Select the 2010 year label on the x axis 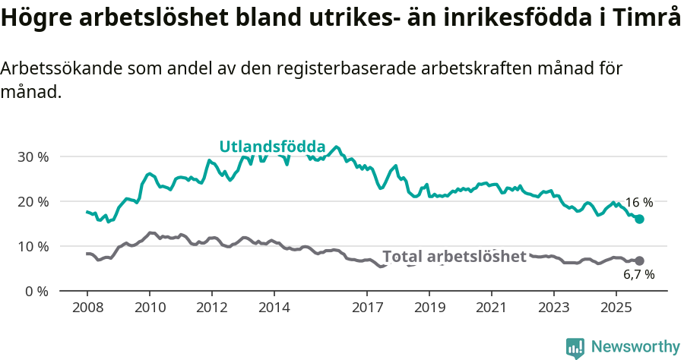pyautogui.click(x=149, y=308)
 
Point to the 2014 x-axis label pyautogui.click(x=274, y=308)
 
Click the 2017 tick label pyautogui.click(x=367, y=308)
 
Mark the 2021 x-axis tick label pyautogui.click(x=491, y=308)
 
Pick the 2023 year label pyautogui.click(x=553, y=308)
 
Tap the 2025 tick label pyautogui.click(x=615, y=308)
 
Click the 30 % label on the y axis pyautogui.click(x=34, y=157)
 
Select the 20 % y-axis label pyautogui.click(x=34, y=202)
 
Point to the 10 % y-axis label pyautogui.click(x=34, y=247)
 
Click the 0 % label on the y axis pyautogui.click(x=37, y=292)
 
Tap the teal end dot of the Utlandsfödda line pyautogui.click(x=639, y=219)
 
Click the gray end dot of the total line pyautogui.click(x=639, y=261)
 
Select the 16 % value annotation pyautogui.click(x=638, y=203)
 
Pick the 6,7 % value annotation pyautogui.click(x=638, y=275)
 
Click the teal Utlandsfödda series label pyautogui.click(x=272, y=147)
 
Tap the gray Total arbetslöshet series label pyautogui.click(x=454, y=257)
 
